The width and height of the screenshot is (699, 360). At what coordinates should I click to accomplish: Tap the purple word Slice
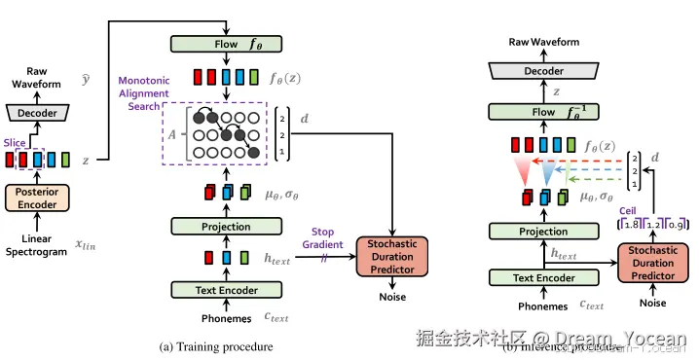pyautogui.click(x=14, y=141)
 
